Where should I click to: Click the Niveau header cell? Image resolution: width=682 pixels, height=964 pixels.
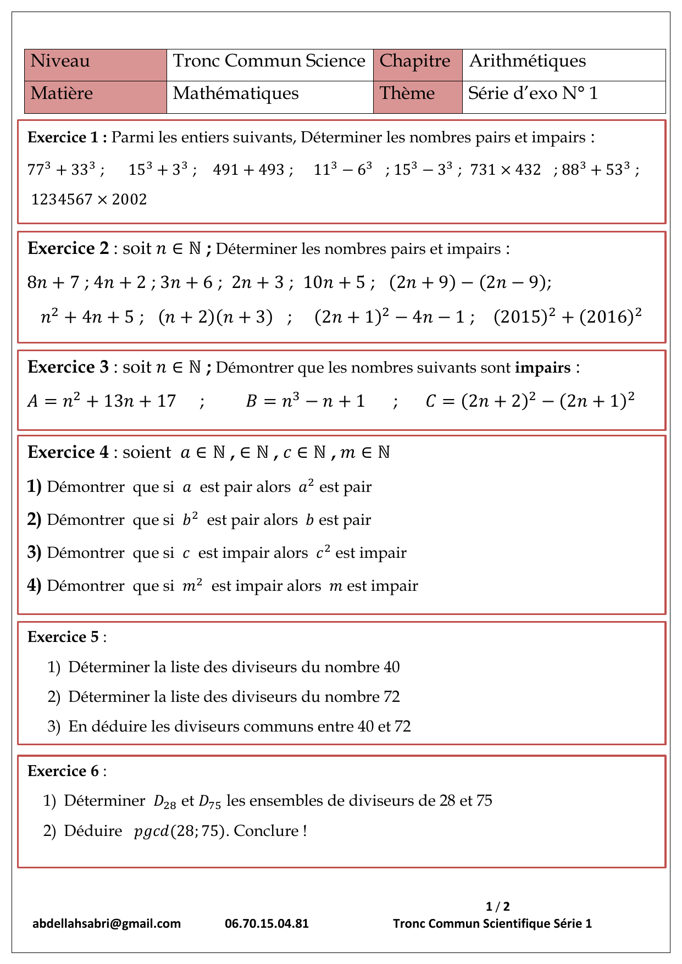pos(95,65)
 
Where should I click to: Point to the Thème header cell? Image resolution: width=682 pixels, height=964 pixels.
pos(417,97)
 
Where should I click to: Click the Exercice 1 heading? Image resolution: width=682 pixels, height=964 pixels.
pos(67,137)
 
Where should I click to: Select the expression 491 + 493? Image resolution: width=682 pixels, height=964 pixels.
pos(248,170)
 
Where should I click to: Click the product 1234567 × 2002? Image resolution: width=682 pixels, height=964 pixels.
pos(89,199)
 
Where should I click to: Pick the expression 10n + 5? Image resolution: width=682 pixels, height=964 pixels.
pos(334,282)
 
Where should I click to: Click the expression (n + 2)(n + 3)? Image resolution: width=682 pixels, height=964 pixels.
pos(215,317)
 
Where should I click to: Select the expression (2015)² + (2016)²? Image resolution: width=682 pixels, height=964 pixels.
pos(568,317)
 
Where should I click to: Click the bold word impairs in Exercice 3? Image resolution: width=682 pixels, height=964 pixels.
pos(542,367)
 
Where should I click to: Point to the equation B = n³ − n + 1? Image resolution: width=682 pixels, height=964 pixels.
pos(305,401)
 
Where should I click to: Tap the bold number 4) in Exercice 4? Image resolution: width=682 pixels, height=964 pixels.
pos(34,586)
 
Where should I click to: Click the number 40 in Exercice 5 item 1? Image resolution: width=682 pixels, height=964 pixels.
pos(391,667)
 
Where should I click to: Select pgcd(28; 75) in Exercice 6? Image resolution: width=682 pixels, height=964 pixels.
pos(180,831)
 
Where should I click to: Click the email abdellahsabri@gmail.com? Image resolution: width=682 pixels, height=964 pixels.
pos(107,923)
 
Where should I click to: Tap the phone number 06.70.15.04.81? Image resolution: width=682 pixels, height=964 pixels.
pos(267,923)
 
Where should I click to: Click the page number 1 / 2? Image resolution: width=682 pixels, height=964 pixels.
pos(498,906)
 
